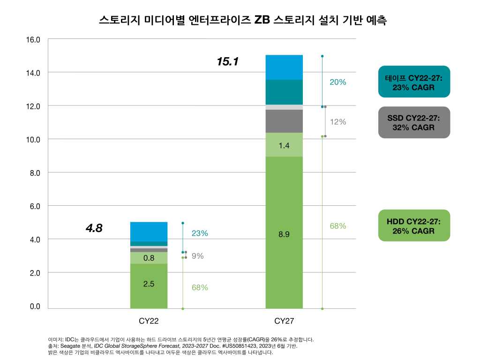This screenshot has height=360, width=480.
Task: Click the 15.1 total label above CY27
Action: click(x=228, y=61)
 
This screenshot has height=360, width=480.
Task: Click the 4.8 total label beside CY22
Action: click(x=94, y=228)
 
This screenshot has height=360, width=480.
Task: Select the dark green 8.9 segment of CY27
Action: click(x=284, y=232)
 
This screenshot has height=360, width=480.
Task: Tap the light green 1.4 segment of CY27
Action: click(x=284, y=145)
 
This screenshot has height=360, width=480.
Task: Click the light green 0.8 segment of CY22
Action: click(x=149, y=257)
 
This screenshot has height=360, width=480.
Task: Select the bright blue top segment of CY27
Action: click(x=284, y=67)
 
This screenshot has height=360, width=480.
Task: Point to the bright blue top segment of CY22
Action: click(x=149, y=231)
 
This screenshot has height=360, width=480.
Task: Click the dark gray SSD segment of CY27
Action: click(x=284, y=121)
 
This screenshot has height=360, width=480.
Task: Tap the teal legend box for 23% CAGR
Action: click(x=414, y=82)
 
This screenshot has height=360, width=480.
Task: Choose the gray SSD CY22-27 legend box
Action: click(x=414, y=122)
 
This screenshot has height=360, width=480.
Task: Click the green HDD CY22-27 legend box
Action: click(x=414, y=225)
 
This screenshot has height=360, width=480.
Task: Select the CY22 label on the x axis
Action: click(x=149, y=322)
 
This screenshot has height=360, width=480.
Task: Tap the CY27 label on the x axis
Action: click(x=284, y=322)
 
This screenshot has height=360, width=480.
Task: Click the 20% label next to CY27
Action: click(x=337, y=82)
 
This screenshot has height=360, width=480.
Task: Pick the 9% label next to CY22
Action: click(x=197, y=256)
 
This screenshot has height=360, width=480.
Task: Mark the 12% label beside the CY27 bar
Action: click(x=337, y=122)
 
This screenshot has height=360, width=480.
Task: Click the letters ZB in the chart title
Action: click(x=261, y=20)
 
